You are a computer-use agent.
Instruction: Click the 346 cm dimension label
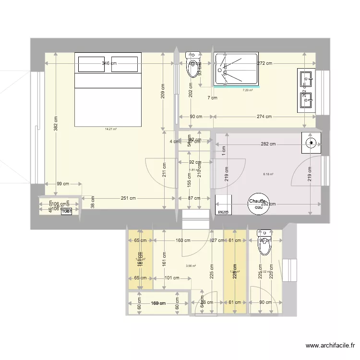pyautogui.click(x=109, y=63)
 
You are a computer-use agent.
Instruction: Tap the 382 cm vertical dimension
pyautogui.click(x=56, y=124)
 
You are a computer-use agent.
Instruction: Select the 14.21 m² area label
pyautogui.click(x=111, y=129)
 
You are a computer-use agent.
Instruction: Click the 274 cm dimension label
pyautogui.click(x=264, y=117)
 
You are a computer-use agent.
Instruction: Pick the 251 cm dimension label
pyautogui.click(x=128, y=198)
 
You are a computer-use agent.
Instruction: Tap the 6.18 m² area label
pyautogui.click(x=268, y=174)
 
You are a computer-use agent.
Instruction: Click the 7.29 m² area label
pyautogui.click(x=248, y=90)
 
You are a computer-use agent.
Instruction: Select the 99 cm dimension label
pyautogui.click(x=63, y=184)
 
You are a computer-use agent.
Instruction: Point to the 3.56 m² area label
pyautogui.click(x=191, y=265)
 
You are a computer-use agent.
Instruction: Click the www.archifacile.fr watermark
pyautogui.click(x=331, y=345)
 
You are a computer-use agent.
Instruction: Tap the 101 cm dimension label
pyautogui.click(x=172, y=277)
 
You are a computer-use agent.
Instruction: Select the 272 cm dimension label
pyautogui.click(x=264, y=63)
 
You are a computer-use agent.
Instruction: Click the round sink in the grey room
pyautogui.click(x=311, y=142)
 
